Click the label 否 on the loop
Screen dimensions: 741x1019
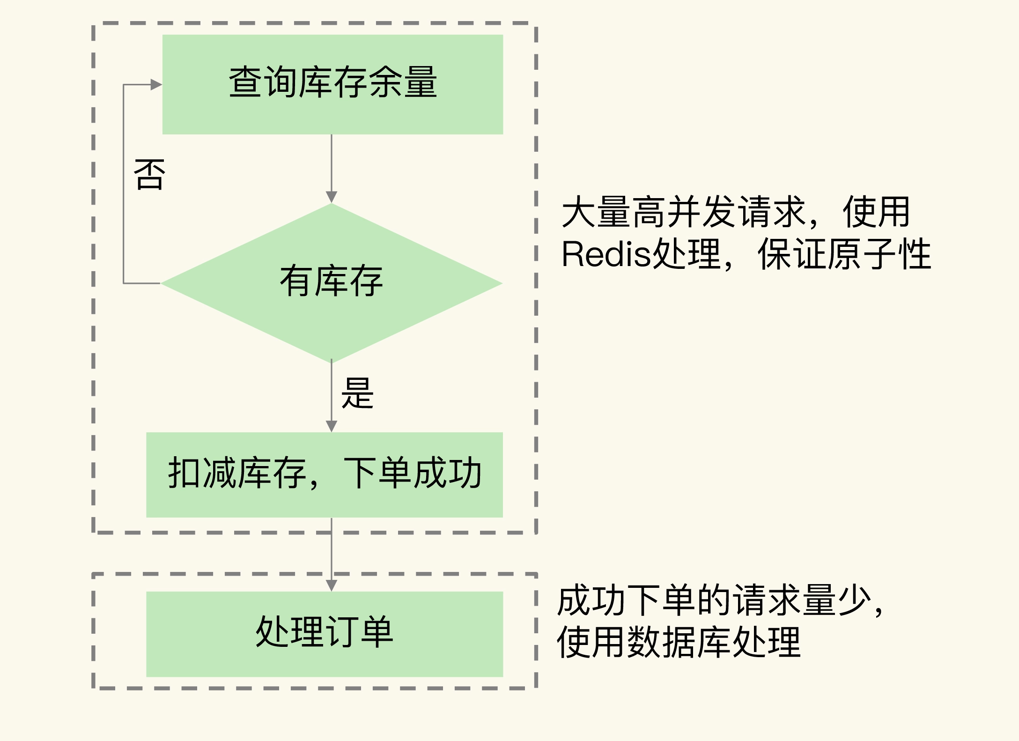click(149, 174)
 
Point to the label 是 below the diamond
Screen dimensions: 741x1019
click(357, 393)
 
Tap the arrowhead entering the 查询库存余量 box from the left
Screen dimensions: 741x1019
click(156, 85)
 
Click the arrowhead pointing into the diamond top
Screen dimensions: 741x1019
click(332, 197)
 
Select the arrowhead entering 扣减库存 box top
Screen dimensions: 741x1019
click(332, 426)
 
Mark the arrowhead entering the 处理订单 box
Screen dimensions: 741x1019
click(332, 585)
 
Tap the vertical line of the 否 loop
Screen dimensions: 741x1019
click(124, 187)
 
